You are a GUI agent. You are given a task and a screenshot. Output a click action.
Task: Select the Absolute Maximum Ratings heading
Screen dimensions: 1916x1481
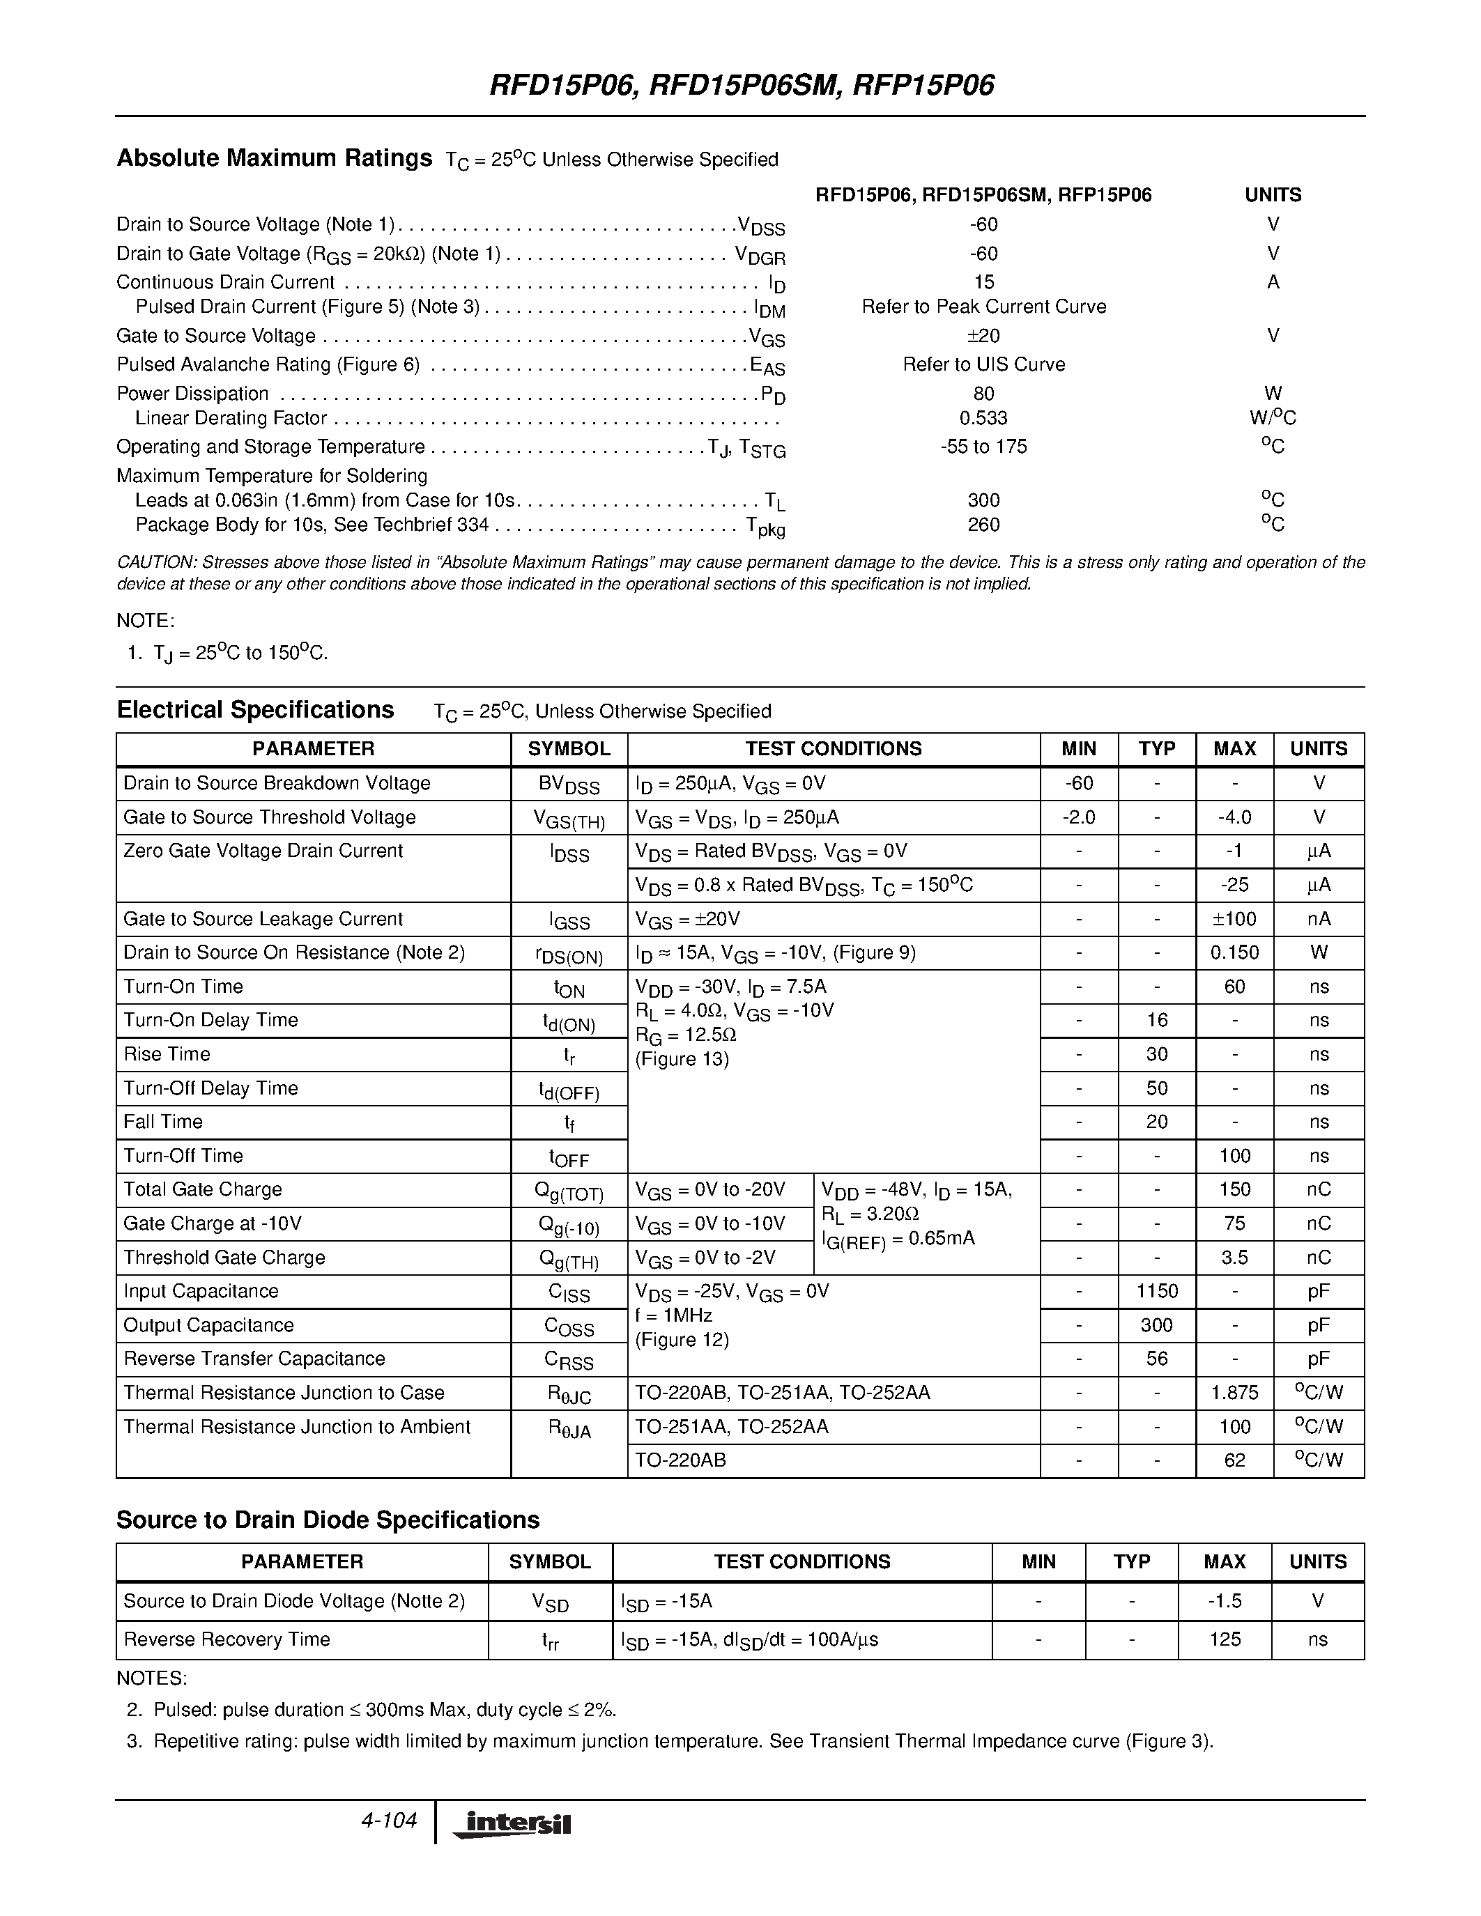[274, 158]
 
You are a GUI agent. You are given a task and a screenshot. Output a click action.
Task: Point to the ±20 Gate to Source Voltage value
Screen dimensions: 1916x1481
[983, 336]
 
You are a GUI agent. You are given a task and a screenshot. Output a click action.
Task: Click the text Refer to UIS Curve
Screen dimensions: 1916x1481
[983, 364]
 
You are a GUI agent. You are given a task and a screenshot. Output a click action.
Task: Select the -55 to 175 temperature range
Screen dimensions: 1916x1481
[983, 447]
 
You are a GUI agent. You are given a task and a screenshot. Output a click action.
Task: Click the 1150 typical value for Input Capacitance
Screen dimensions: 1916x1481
[1156, 1290]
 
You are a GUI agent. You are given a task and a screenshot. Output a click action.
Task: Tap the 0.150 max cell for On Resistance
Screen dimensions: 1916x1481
[1234, 952]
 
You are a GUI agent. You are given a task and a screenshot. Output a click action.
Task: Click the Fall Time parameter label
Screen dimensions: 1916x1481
[163, 1121]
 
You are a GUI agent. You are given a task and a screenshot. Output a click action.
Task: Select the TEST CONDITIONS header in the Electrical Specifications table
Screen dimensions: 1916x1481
[833, 748]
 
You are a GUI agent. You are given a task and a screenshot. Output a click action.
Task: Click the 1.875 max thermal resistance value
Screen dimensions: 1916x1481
[1234, 1392]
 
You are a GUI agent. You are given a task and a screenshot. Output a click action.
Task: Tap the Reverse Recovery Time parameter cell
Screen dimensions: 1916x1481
[227, 1639]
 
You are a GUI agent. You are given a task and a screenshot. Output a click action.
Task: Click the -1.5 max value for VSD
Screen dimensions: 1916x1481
[1224, 1600]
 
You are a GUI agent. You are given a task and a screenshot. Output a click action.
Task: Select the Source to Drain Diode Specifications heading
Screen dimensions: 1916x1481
[328, 1520]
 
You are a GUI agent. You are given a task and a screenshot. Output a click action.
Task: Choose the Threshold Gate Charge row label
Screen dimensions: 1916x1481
[224, 1257]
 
